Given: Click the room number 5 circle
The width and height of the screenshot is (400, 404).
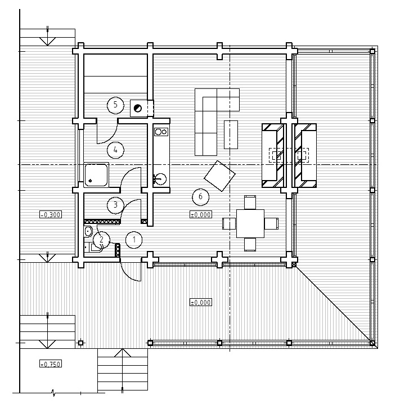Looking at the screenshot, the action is tap(115, 105).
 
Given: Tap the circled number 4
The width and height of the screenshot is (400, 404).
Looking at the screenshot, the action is tap(115, 150).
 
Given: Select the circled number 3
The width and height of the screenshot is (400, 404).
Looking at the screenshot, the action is tap(115, 205).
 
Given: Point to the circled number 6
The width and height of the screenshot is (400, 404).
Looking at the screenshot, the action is tap(201, 197).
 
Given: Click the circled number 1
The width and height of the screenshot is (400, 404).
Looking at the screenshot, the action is tap(134, 240).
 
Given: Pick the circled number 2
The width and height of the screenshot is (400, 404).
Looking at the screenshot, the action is tap(101, 240).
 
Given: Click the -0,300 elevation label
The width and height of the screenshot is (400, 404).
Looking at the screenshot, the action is tap(51, 214).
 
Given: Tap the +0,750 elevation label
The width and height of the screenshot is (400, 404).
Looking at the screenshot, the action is tap(51, 364).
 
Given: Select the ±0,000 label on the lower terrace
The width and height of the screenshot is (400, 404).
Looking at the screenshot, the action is tap(201, 302).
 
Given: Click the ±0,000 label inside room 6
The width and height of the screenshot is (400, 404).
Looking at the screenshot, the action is tap(201, 214).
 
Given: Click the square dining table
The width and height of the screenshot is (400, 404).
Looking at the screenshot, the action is tap(250, 223).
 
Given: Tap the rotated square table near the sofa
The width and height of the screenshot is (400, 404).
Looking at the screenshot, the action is tap(220, 176).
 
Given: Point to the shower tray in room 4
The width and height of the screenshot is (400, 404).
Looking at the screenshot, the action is tap(96, 174).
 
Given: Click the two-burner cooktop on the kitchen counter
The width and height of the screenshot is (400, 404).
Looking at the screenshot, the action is tap(161, 132).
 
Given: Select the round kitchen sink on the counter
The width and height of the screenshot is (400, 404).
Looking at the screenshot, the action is tap(161, 178).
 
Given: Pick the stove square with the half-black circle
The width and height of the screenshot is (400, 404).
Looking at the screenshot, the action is tap(138, 108).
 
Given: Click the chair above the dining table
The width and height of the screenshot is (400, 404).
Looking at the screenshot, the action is tap(250, 203).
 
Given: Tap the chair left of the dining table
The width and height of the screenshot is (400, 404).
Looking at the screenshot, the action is tap(229, 223).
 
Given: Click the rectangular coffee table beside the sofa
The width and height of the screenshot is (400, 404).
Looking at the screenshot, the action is tap(231, 134).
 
